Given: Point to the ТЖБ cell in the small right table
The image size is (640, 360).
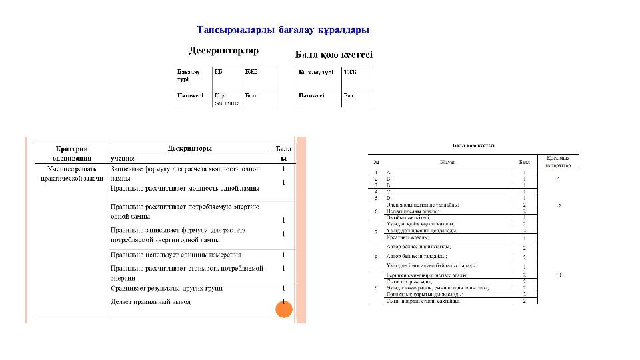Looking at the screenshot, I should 350,71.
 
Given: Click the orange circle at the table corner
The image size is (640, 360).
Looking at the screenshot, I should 284,309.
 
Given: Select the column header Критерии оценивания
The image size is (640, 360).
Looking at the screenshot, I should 72,153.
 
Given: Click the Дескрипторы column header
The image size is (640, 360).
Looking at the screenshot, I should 190,149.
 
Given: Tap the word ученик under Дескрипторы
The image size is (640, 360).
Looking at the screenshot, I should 123,159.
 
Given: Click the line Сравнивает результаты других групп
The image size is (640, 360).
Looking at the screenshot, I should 166,288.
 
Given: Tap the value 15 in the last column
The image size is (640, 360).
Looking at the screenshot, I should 558,205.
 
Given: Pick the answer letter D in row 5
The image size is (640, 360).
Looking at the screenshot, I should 389,198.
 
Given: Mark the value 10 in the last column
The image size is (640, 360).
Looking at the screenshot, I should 558,275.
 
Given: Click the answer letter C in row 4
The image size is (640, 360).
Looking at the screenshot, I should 389,192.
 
